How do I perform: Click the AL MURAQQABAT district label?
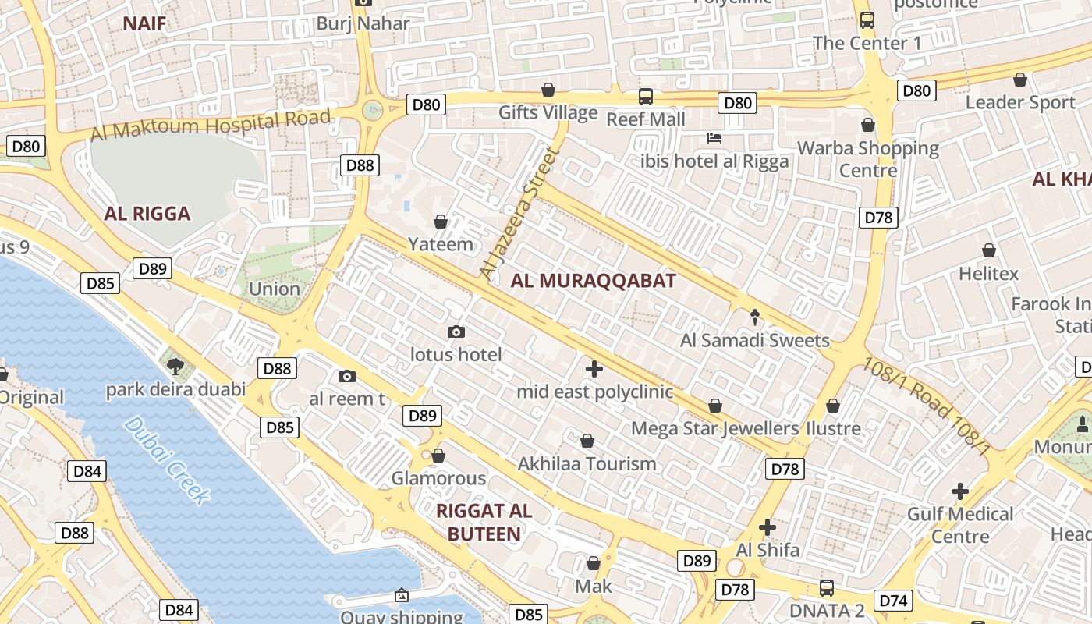click(593, 282)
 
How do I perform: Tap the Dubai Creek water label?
click(167, 460)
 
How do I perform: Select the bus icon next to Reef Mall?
click(646, 97)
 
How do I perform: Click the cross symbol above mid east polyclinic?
click(594, 368)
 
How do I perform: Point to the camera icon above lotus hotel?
click(456, 332)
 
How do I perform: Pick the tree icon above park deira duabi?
click(175, 366)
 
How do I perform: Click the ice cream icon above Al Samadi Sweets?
click(755, 317)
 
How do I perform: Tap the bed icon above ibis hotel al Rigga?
click(714, 139)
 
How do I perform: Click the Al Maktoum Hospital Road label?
click(211, 125)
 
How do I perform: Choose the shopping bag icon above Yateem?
click(441, 222)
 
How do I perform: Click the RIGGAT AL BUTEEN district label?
click(478, 523)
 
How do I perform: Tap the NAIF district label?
click(144, 23)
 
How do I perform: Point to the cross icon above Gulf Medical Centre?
click(960, 491)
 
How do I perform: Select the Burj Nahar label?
click(363, 23)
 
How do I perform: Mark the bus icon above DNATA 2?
click(826, 588)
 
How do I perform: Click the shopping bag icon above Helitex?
click(989, 250)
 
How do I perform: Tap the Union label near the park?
click(275, 289)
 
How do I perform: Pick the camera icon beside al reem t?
click(347, 377)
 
